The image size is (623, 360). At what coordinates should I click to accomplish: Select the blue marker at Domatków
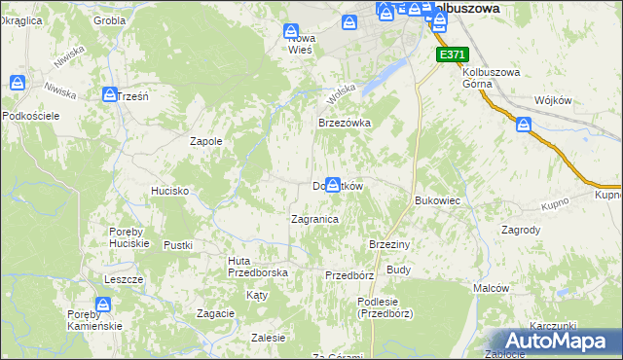[x=334, y=184]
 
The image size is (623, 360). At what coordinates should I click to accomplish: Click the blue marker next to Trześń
[x=110, y=94]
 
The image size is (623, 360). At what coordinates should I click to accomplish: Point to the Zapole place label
[x=205, y=141]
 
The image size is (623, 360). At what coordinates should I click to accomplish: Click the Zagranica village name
[x=314, y=220]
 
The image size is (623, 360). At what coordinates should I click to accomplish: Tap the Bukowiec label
[x=437, y=200]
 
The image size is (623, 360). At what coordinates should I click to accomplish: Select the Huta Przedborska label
[x=257, y=267]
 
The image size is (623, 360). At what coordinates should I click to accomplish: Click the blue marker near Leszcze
[x=104, y=306]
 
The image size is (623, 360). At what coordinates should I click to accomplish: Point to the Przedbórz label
[x=349, y=275]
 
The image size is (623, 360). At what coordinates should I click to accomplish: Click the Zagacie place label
[x=215, y=313]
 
